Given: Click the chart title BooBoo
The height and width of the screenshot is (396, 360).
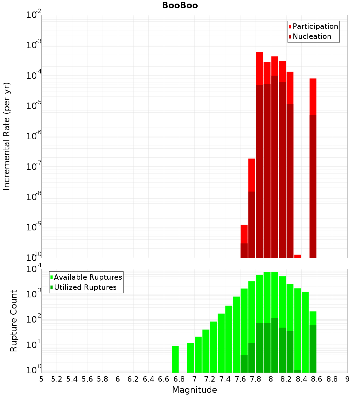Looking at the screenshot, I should (180, 5).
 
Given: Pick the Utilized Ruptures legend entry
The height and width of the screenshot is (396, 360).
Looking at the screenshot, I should (85, 287).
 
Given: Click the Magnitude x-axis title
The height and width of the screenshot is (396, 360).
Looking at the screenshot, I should (194, 390).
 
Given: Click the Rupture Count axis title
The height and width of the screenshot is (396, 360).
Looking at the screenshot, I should (14, 321).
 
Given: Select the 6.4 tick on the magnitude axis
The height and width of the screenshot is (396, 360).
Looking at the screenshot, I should (148, 379).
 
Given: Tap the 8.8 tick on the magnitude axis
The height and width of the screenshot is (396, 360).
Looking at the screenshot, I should (332, 379).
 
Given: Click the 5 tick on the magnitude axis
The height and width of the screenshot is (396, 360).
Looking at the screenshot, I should (41, 379).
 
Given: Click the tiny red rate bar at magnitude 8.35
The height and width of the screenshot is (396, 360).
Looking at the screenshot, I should (297, 256).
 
